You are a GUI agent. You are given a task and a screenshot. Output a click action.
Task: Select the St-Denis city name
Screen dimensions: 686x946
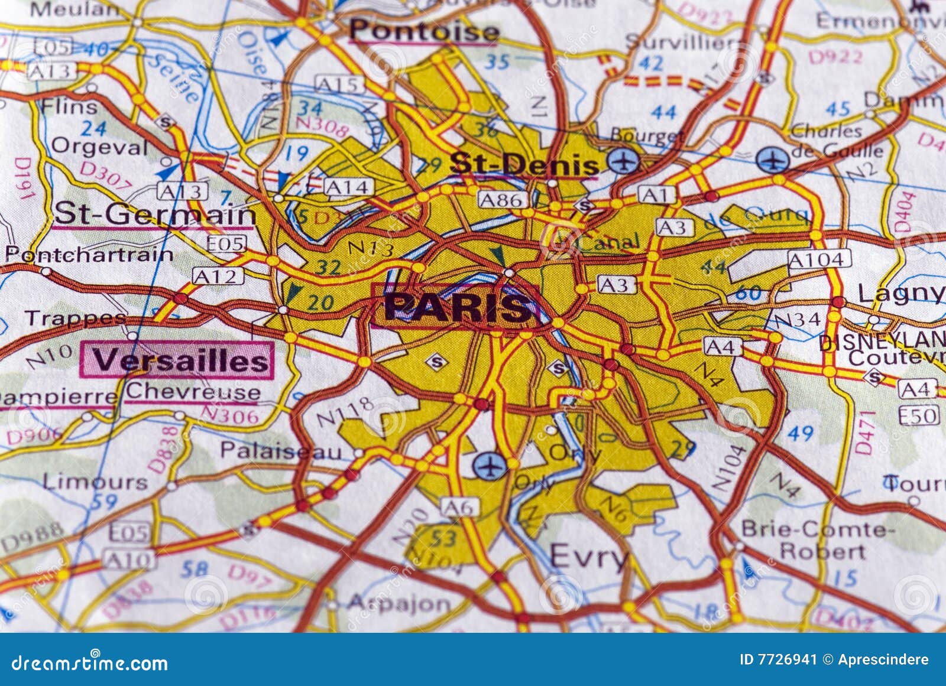click(x=523, y=164)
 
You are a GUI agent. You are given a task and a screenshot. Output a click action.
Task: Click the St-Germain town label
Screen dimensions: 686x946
click(x=155, y=213)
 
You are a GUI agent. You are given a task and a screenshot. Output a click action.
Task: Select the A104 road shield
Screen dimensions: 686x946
click(x=818, y=259)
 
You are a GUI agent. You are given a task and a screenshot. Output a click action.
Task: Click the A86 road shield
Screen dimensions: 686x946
click(x=501, y=200)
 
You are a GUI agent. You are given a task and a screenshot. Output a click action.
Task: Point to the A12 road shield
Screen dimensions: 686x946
click(x=218, y=276)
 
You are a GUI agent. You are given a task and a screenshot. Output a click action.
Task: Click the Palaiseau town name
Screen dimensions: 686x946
click(x=281, y=451)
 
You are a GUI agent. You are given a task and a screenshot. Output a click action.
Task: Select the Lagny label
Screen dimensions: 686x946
click(x=900, y=292)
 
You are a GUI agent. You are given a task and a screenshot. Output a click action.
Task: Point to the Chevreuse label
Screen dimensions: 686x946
click(x=193, y=391)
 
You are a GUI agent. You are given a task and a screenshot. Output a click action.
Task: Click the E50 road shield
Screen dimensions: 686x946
click(x=918, y=415)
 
